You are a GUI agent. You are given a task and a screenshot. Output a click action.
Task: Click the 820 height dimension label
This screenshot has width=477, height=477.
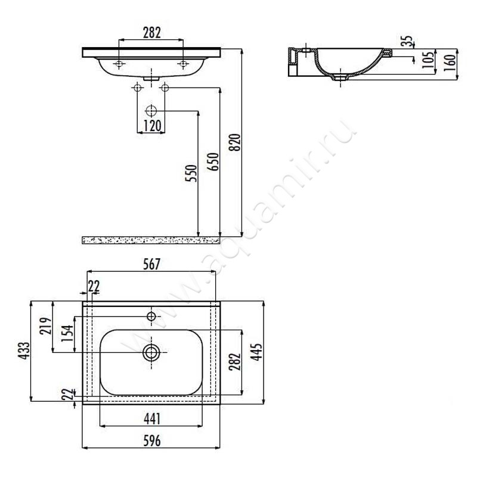pos(235,142)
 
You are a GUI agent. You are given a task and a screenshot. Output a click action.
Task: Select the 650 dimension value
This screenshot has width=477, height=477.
pos(214,162)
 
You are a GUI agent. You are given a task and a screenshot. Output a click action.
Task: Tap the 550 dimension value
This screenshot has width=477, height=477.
pos(191,173)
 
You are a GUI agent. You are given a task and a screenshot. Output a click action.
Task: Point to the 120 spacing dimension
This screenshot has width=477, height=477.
pos(152,126)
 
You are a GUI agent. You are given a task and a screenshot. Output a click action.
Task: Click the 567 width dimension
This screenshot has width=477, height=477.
pos(151,264)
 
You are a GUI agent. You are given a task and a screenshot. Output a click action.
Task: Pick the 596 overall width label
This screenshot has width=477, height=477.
pos(152,441)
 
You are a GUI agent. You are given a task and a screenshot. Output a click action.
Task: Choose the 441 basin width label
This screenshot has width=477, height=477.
pos(151,419)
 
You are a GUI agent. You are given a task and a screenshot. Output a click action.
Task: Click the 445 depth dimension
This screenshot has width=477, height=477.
pos(256,352)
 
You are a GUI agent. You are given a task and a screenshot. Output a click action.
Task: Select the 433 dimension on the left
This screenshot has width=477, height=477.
pos(24,351)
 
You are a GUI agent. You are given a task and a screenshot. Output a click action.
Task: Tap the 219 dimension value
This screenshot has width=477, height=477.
pos(46,326)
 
